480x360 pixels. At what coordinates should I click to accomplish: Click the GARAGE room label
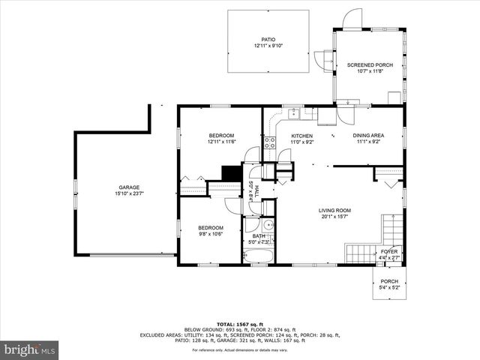(x=129, y=187)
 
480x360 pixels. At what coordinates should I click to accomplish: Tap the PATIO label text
(x=268, y=40)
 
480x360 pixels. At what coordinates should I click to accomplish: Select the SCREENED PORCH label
(x=370, y=65)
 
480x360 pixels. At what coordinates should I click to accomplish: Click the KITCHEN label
(x=301, y=136)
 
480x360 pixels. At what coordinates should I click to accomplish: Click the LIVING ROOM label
(x=334, y=211)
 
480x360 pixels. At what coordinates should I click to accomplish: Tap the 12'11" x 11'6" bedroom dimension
(x=221, y=141)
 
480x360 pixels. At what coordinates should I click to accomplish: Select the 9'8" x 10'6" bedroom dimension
(x=210, y=233)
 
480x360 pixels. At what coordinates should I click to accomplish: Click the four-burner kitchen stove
(x=268, y=142)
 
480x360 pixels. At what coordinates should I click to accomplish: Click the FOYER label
(x=388, y=251)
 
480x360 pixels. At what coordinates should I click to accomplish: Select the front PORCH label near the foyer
(x=389, y=281)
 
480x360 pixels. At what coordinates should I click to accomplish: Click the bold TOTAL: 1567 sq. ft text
(x=240, y=323)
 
